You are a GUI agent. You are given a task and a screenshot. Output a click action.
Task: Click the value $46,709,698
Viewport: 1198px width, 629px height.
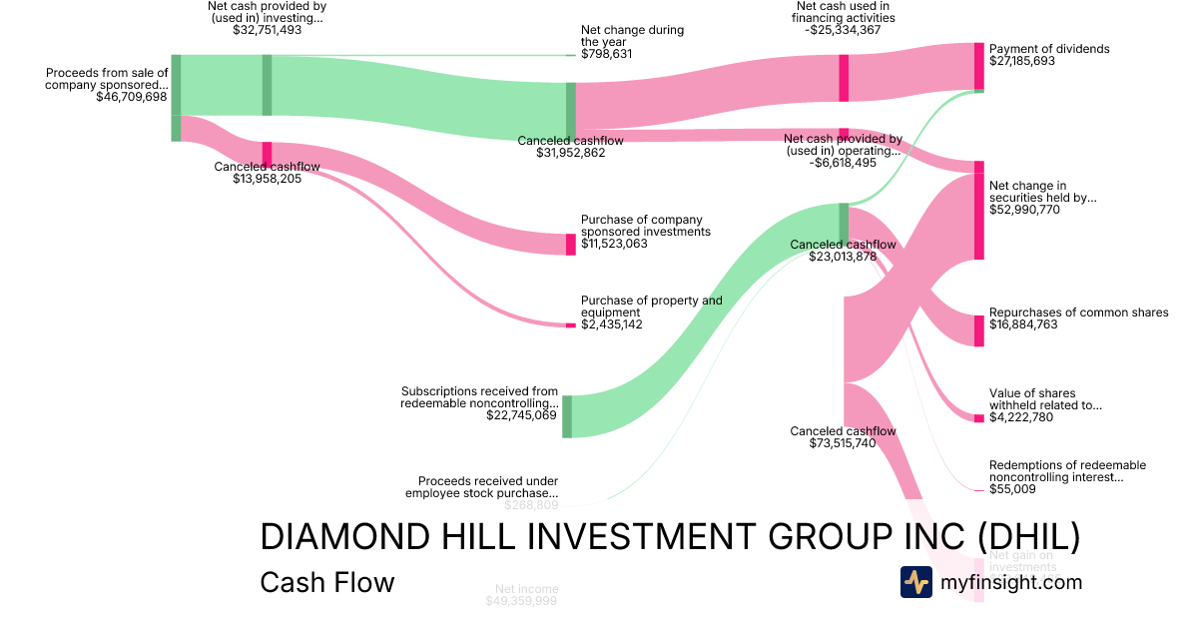[x=132, y=97]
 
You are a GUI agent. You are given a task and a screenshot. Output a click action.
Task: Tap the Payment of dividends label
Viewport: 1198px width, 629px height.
[x=1048, y=48]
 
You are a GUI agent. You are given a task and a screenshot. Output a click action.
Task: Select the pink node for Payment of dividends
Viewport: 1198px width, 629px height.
[x=979, y=66]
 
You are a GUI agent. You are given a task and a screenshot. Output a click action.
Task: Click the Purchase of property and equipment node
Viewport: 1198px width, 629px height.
[x=571, y=325]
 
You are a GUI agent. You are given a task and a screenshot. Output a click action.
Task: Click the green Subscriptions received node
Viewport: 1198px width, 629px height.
[x=567, y=416]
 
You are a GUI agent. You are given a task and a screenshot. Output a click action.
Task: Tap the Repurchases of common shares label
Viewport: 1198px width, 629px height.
[x=1078, y=313]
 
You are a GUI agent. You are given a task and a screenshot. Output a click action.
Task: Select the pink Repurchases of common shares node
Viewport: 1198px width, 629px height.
[x=979, y=330]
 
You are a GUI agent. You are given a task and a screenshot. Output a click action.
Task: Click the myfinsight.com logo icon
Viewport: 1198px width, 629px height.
[x=915, y=582]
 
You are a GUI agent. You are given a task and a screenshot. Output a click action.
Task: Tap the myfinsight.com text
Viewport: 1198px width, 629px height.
[x=1011, y=582]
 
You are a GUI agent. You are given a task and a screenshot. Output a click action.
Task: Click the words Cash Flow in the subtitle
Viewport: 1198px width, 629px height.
[x=326, y=582]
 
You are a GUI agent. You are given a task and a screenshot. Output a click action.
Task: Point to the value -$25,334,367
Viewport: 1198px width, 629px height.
[x=843, y=30]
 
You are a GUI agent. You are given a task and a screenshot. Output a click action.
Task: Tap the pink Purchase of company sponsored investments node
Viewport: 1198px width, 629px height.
[x=571, y=245]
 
